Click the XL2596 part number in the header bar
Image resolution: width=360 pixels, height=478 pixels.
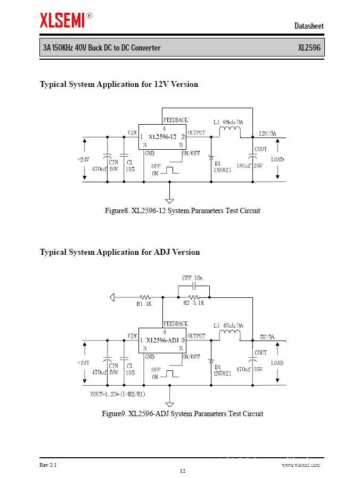click(x=309, y=48)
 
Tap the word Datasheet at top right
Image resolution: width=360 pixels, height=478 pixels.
click(x=309, y=26)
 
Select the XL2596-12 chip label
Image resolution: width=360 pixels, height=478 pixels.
click(x=162, y=137)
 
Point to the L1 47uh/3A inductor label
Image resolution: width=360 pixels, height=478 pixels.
click(x=228, y=326)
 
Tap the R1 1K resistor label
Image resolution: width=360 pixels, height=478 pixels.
click(x=144, y=304)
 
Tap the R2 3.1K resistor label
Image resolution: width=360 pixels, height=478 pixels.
click(x=194, y=303)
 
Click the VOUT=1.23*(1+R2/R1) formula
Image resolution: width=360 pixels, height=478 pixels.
click(x=118, y=394)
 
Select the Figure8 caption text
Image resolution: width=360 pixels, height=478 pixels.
click(x=182, y=210)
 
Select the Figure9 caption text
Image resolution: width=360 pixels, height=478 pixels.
click(x=182, y=414)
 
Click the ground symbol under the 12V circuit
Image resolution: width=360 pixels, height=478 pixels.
click(x=169, y=200)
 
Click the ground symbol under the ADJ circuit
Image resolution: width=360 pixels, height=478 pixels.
click(x=169, y=403)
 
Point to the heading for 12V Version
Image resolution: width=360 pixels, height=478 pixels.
click(x=119, y=84)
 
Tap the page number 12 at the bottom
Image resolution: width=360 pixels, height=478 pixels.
click(x=182, y=471)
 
